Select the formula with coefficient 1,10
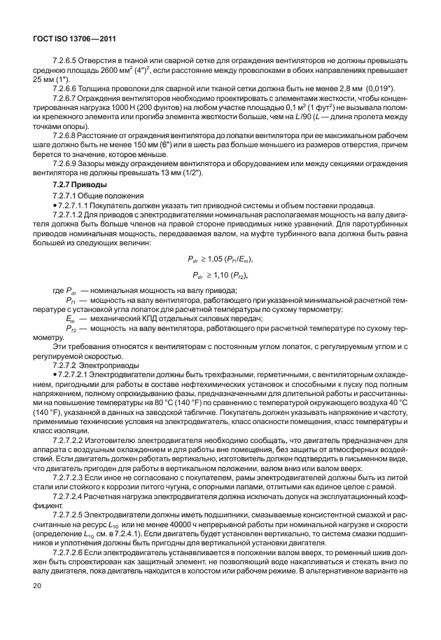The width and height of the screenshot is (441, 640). pos(220,275)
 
